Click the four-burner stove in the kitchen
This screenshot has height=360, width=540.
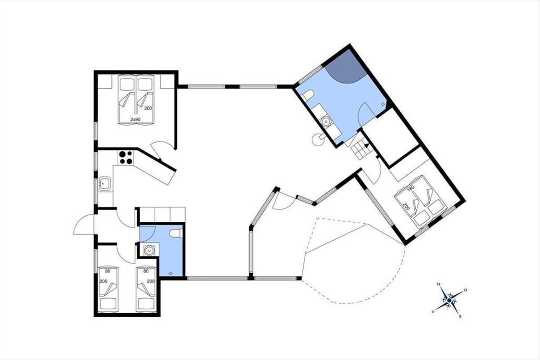coord(126,157)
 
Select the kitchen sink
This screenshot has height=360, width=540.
coord(104,184)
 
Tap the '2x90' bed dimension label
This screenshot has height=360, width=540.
coord(135,119)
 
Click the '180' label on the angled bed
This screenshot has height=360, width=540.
coord(410,187)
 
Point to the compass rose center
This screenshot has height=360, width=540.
coord(449,300)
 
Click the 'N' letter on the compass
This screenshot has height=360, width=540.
coord(438,284)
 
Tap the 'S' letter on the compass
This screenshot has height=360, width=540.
coord(460,316)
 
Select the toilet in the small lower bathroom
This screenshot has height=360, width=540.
coord(176,234)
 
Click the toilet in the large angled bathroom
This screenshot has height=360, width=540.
coord(307,96)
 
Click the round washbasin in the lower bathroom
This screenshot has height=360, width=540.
coord(149,250)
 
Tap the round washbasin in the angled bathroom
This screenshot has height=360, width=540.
coord(326,121)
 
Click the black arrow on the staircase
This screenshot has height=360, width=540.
coord(366,145)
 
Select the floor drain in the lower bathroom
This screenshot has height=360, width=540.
coord(171,273)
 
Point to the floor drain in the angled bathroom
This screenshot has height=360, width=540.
coord(382,104)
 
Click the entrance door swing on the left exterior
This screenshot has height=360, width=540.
coord(84,224)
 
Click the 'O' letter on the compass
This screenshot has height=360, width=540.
coord(465,290)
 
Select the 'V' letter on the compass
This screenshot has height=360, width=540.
coord(433,311)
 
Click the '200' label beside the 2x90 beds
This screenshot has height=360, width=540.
coord(148,108)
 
